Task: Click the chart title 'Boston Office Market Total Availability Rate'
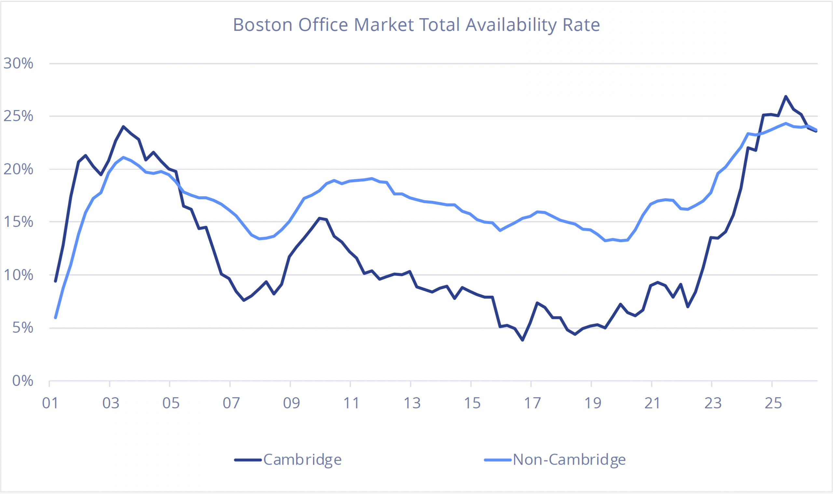[x=416, y=25]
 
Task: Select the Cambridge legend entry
[x=288, y=460]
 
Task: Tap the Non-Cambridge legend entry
[x=555, y=460]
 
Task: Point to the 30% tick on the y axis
[x=18, y=63]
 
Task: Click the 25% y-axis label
[x=18, y=116]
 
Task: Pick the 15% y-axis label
[x=18, y=222]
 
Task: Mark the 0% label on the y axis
[x=22, y=380]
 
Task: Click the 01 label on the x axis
[x=50, y=403]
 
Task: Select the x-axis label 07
[x=231, y=403]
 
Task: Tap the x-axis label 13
[x=412, y=403]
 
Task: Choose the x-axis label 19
[x=592, y=403]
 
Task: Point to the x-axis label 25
[x=773, y=403]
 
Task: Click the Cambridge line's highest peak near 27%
[x=786, y=96]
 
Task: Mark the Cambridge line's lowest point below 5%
[x=522, y=340]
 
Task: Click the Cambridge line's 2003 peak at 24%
[x=123, y=126]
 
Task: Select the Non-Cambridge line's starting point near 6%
[x=56, y=318]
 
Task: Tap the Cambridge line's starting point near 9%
[x=56, y=281]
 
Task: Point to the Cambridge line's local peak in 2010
[x=319, y=218]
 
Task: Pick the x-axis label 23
[x=713, y=403]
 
